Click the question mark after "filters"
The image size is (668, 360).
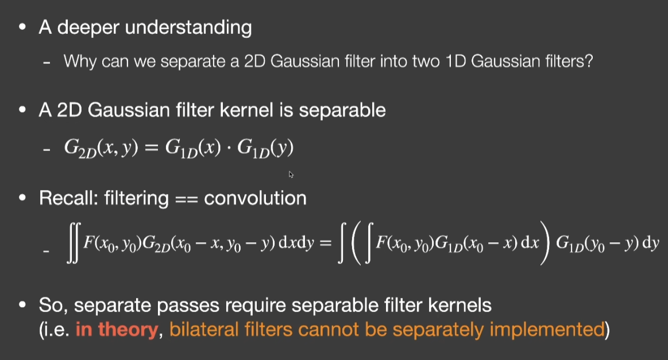click(589, 61)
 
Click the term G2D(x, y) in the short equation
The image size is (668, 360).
click(101, 148)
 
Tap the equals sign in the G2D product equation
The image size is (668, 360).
click(152, 148)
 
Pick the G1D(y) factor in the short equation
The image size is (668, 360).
click(265, 148)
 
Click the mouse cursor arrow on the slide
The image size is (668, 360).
click(291, 174)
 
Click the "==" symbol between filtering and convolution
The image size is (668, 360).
click(186, 200)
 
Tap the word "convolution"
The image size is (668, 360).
click(255, 198)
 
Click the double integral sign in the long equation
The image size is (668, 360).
click(73, 243)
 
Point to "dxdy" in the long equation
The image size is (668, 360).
click(296, 242)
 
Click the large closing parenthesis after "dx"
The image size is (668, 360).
click(545, 243)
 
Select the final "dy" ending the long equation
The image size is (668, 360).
click(651, 242)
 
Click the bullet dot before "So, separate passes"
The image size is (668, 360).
click(22, 304)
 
